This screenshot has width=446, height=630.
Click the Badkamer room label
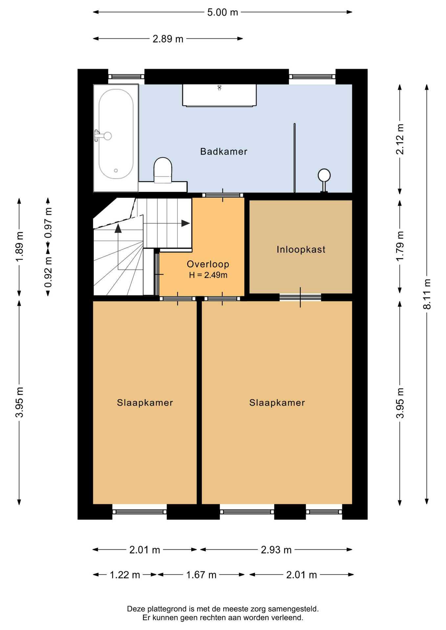click(x=224, y=151)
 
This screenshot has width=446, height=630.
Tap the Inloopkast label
click(x=301, y=249)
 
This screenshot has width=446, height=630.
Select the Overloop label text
click(x=208, y=264)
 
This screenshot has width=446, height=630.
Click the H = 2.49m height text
click(x=208, y=275)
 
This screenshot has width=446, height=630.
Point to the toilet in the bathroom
click(x=163, y=170)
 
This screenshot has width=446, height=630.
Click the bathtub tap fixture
click(x=103, y=136)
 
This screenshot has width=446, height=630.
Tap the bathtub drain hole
click(x=116, y=171)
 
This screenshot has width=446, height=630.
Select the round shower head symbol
click(x=324, y=175)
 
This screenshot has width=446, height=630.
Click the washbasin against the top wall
click(x=219, y=95)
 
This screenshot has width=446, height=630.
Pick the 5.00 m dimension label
click(x=223, y=12)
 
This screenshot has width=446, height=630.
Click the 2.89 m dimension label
click(x=168, y=39)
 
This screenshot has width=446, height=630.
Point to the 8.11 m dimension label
click(x=427, y=294)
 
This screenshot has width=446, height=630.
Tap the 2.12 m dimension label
click(x=400, y=139)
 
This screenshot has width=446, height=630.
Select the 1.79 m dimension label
click(x=400, y=246)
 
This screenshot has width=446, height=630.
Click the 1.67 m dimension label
click(x=201, y=575)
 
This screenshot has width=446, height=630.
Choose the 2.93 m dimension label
click(x=276, y=550)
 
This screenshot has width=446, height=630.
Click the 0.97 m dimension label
click(x=48, y=223)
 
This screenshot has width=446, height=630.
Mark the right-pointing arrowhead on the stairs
click(x=186, y=223)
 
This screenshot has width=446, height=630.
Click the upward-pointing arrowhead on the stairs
click(x=118, y=228)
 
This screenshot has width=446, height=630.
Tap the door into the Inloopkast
click(x=300, y=297)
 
